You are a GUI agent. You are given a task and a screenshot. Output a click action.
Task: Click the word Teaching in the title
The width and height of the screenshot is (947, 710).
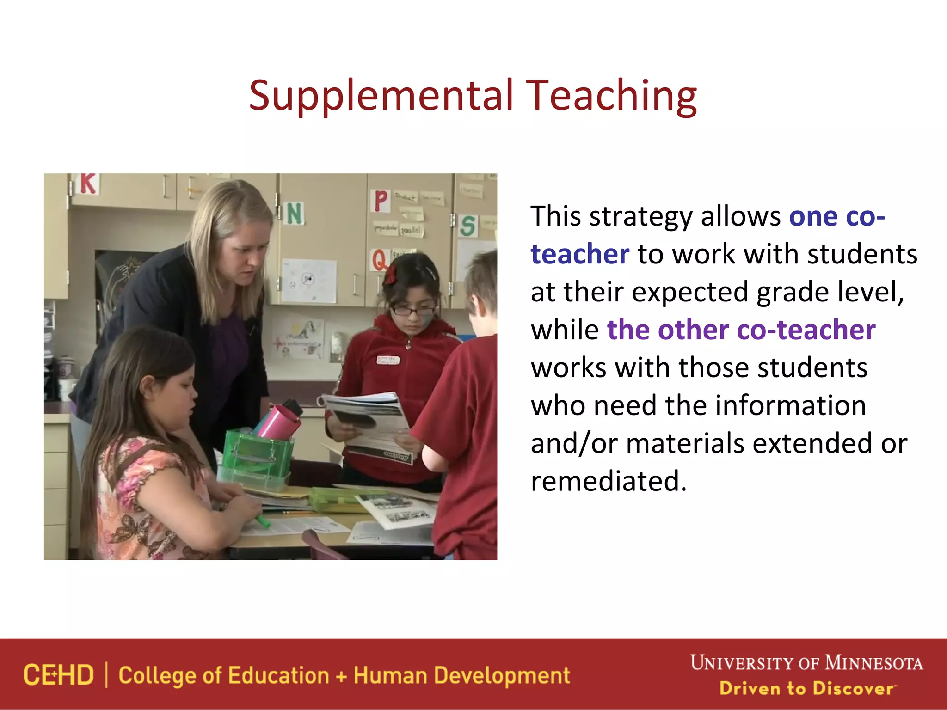611,96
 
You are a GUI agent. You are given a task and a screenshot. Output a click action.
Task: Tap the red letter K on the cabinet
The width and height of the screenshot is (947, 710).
88,184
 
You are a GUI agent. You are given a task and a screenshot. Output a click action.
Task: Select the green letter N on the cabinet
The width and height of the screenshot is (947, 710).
295,214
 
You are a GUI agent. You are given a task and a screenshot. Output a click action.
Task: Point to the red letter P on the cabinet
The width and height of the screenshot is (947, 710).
381,201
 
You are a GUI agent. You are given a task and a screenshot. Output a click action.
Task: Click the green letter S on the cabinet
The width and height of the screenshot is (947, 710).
467,226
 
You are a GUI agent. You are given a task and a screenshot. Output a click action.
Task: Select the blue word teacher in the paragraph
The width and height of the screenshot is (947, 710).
580,254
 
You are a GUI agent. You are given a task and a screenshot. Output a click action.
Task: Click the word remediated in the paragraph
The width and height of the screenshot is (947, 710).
609,481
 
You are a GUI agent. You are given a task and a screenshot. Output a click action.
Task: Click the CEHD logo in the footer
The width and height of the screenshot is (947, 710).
59,675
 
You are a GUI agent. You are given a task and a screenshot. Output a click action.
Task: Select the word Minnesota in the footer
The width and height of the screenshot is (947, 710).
874,663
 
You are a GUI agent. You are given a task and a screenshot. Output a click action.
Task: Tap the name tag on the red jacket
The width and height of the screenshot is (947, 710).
388,360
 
